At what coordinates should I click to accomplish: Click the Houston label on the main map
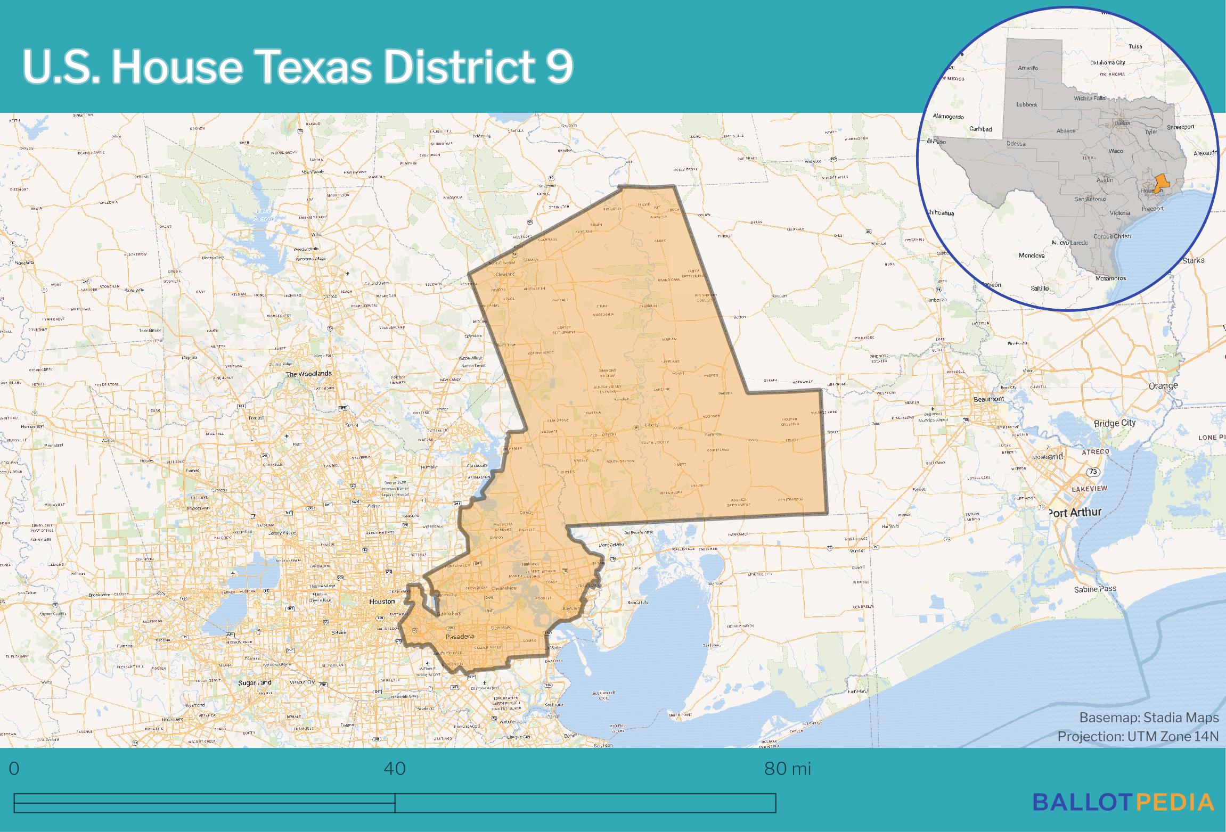tap(382, 602)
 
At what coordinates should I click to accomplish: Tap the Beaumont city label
tap(988, 399)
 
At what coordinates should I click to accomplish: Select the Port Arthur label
tap(1075, 513)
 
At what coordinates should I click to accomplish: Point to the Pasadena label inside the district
tap(459, 637)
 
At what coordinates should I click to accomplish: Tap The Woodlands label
tap(309, 374)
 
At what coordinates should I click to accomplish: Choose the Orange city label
tap(1163, 386)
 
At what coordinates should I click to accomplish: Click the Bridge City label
tap(1115, 423)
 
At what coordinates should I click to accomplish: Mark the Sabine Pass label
tap(1095, 589)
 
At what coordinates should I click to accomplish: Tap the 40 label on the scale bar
tap(395, 769)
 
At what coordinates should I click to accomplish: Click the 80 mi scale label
tap(787, 769)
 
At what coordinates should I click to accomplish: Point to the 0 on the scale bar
tap(14, 769)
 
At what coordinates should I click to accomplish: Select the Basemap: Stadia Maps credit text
tap(1149, 718)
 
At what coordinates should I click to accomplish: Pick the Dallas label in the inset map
tap(1122, 123)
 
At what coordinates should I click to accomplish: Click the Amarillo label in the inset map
tap(1028, 68)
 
